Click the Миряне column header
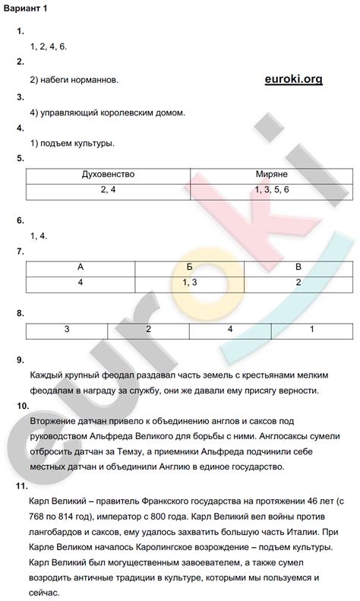[271, 175]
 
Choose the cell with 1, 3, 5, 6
[271, 189]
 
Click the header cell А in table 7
[81, 268]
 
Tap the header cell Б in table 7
[189, 268]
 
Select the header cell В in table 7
[298, 268]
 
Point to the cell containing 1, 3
[189, 283]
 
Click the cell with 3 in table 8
[67, 330]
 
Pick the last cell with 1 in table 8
[311, 330]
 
